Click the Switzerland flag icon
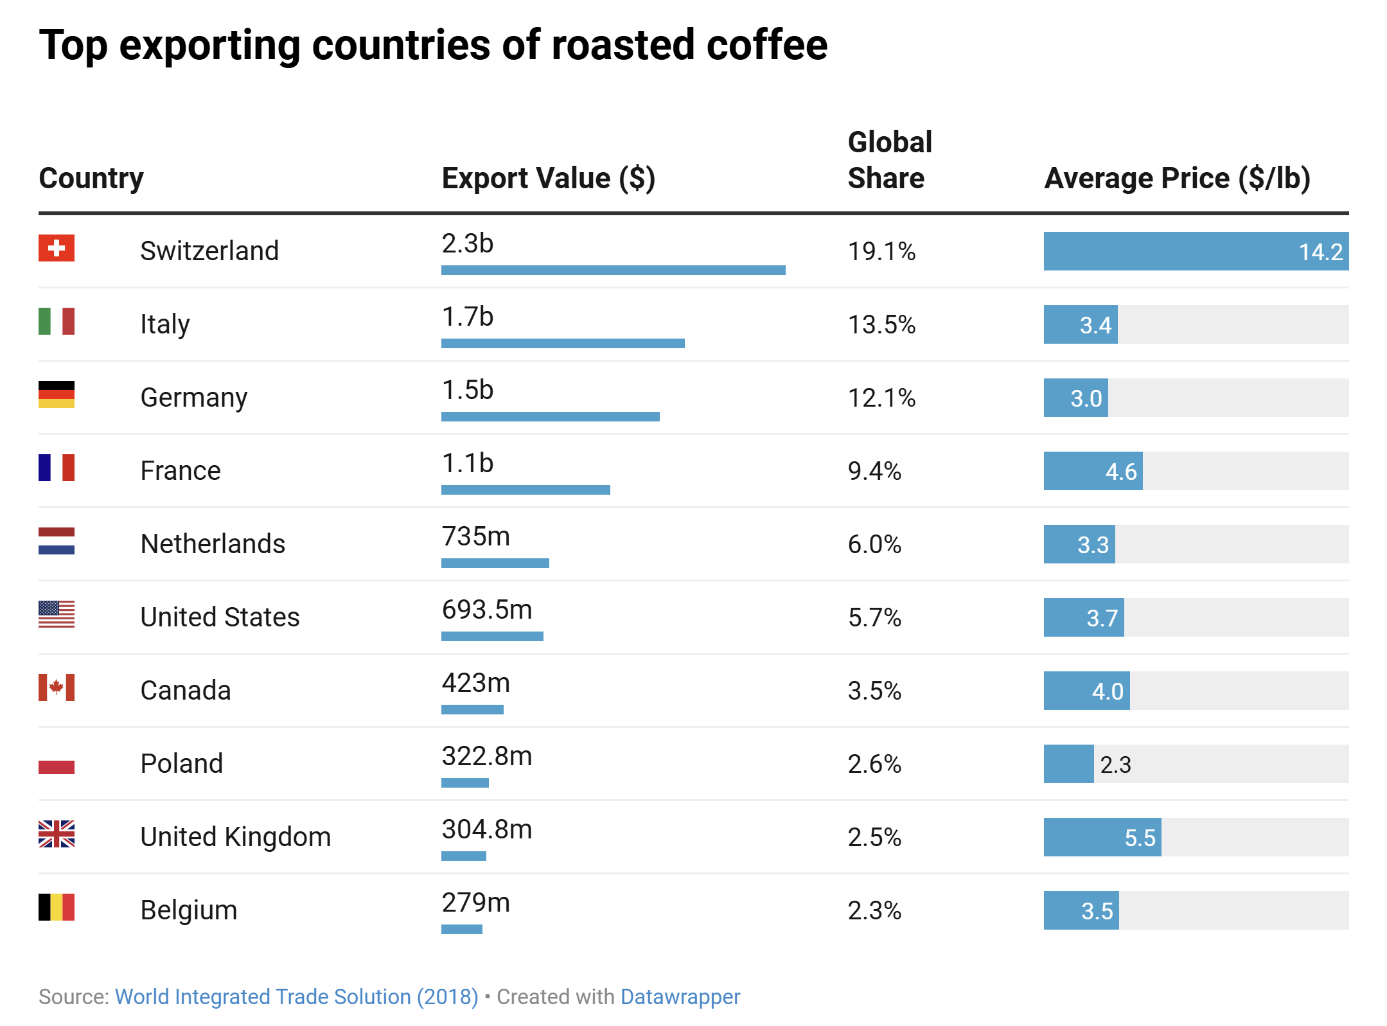57,248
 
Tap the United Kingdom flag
57,834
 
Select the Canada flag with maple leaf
57,687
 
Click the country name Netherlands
213,544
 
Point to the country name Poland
182,763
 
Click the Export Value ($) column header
548,178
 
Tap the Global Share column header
890,160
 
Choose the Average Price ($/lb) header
1177,178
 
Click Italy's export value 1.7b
468,317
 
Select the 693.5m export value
487,610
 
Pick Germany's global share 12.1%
881,398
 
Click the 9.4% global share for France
874,471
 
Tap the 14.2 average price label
1320,252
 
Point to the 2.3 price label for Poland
1115,765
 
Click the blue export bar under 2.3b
613,270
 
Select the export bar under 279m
462,929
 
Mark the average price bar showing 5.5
1102,837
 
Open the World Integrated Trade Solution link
296,996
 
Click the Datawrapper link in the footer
680,996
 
